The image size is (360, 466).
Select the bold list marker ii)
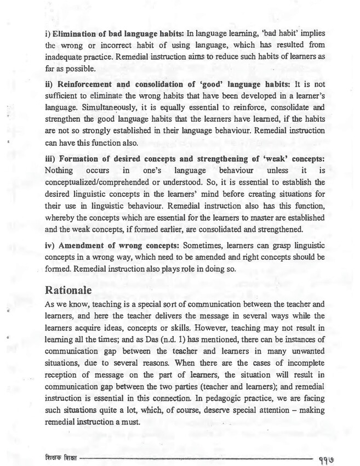[49, 84]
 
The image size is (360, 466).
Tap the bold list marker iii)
[50, 158]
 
